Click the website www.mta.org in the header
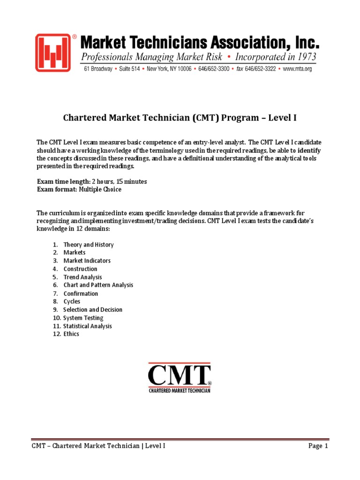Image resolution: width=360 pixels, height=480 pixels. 298,69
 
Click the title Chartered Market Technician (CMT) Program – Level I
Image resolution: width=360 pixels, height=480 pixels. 180,118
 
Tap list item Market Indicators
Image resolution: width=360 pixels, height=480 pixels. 87,261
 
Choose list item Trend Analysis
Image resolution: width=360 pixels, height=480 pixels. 82,277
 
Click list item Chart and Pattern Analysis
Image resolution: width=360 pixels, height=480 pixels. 98,285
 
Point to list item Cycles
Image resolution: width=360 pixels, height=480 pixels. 72,301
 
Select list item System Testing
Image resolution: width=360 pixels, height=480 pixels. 83,318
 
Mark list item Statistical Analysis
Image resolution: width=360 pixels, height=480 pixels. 88,326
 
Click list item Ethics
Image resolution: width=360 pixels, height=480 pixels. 71,334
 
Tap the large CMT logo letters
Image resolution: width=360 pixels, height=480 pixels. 180,375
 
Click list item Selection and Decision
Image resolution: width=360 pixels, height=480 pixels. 93,310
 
